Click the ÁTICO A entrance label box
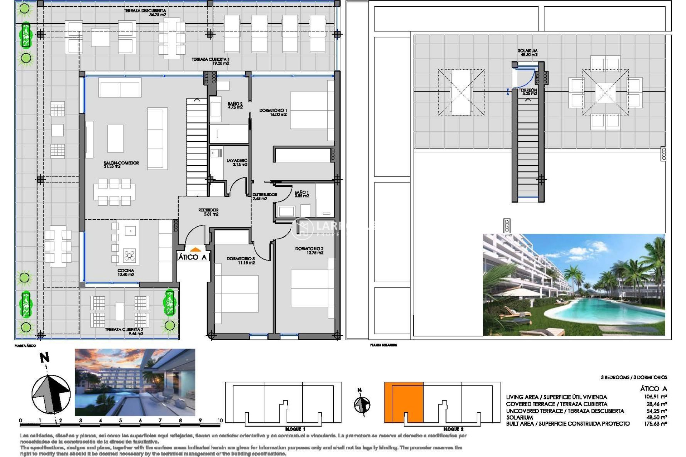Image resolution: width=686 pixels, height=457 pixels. (x=192, y=257)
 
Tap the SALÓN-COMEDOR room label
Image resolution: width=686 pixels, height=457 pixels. (x=121, y=164)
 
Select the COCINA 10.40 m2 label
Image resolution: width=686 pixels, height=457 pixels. (x=126, y=272)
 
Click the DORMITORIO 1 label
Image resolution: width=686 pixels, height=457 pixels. (x=273, y=112)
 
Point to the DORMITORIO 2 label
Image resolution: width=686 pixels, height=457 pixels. (x=309, y=250)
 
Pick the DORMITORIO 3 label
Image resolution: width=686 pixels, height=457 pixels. (x=240, y=260)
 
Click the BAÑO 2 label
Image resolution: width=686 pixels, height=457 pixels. (x=235, y=105)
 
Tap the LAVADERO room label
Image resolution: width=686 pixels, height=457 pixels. (x=237, y=162)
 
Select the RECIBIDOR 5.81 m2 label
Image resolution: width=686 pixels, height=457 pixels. (x=208, y=212)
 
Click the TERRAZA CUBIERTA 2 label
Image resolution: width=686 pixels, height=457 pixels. (x=124, y=331)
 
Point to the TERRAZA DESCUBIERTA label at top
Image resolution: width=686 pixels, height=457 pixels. (x=145, y=13)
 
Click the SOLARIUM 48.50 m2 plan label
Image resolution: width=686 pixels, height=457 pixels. (x=527, y=53)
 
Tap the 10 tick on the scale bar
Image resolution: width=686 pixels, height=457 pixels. (x=220, y=421)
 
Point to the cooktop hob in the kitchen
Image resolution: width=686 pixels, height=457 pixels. (x=129, y=255)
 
